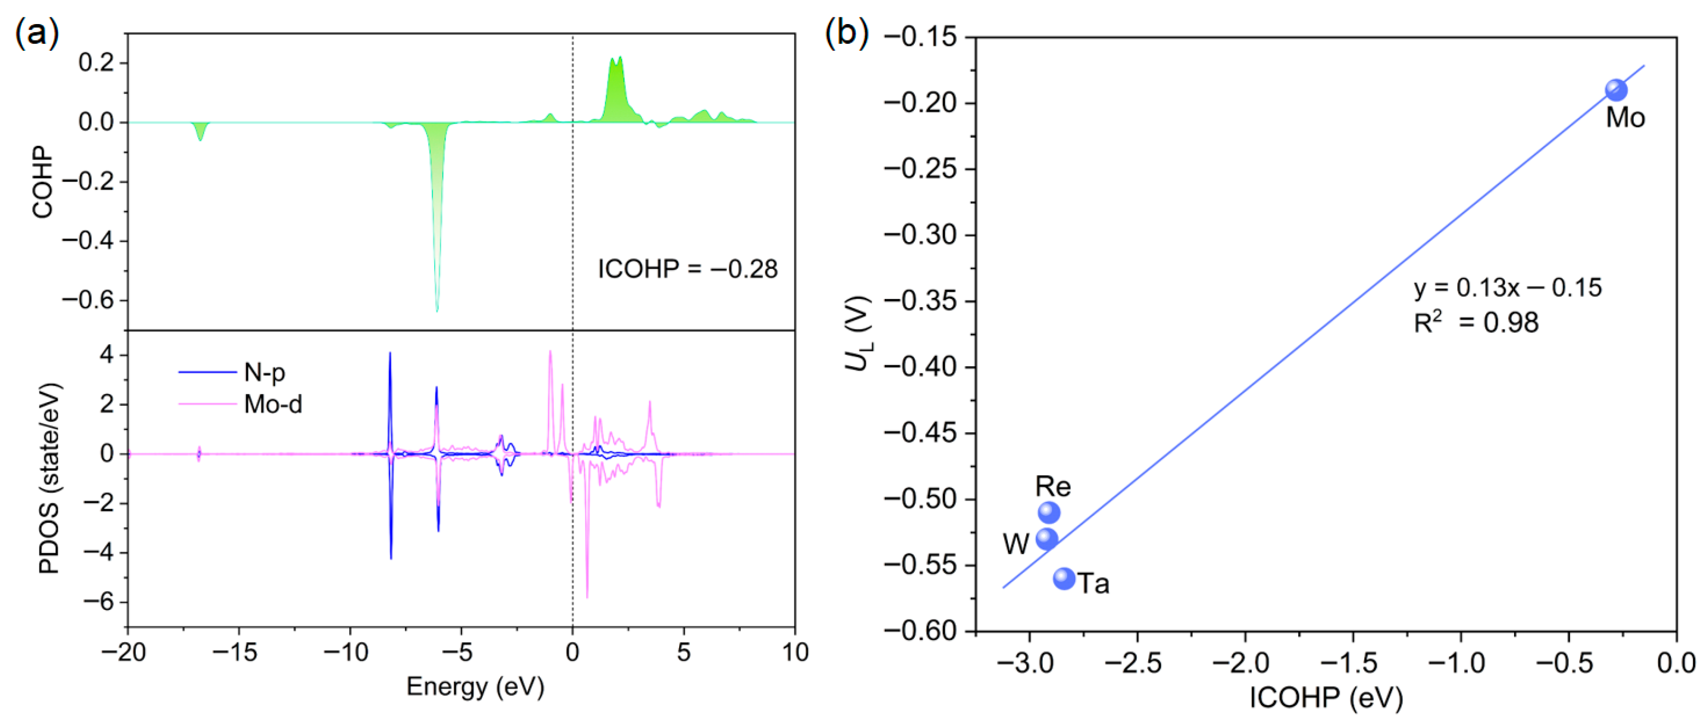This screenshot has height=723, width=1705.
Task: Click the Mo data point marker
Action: pyautogui.click(x=1616, y=91)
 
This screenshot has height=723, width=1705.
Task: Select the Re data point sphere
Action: pyautogui.click(x=1049, y=513)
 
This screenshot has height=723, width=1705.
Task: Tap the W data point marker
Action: pyautogui.click(x=1047, y=538)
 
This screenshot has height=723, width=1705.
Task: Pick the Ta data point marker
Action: pyautogui.click(x=1064, y=579)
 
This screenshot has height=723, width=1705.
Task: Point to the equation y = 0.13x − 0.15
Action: pyautogui.click(x=1508, y=288)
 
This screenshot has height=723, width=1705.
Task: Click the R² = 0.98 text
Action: pyautogui.click(x=1476, y=323)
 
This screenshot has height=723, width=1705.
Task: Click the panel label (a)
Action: pyautogui.click(x=37, y=33)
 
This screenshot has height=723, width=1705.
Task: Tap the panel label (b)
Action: pyautogui.click(x=846, y=33)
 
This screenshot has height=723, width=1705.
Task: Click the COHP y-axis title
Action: pyautogui.click(x=42, y=183)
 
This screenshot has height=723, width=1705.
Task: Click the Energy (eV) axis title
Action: pyautogui.click(x=475, y=686)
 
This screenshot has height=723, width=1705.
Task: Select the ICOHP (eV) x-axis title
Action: pyautogui.click(x=1326, y=698)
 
